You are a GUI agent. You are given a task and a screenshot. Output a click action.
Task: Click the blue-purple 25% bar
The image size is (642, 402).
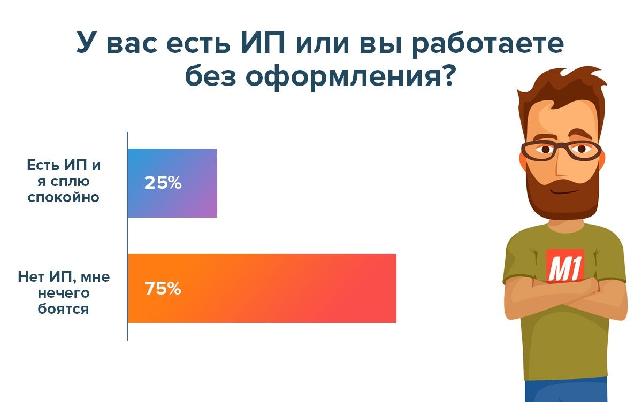[x=172, y=183]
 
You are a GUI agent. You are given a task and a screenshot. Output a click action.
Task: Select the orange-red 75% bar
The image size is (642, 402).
[x=262, y=288]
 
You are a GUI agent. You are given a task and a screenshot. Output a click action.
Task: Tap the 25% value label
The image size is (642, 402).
[x=163, y=183]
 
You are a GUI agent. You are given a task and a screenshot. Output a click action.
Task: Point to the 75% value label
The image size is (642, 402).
[x=163, y=288]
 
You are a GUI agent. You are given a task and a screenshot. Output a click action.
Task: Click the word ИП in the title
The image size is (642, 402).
[x=263, y=43]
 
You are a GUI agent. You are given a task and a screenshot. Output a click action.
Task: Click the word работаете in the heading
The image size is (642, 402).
[x=488, y=44]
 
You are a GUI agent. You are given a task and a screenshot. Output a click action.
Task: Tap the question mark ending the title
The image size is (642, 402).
[x=447, y=74]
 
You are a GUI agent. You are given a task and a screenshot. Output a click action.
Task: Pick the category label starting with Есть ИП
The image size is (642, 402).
[x=64, y=181]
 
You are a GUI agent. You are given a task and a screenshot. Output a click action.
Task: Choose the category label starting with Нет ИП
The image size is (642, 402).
[x=64, y=293]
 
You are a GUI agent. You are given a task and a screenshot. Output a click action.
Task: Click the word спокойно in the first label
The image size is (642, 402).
[x=63, y=197]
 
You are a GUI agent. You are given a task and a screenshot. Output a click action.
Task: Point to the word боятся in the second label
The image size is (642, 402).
[x=63, y=309]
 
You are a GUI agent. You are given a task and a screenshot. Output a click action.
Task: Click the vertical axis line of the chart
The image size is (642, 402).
[x=127, y=236]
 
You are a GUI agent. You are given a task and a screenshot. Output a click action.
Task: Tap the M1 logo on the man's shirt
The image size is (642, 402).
[x=565, y=266]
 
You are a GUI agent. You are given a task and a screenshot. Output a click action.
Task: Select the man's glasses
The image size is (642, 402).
[x=562, y=151]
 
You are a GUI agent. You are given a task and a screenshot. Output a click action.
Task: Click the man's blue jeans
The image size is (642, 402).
[x=566, y=390]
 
